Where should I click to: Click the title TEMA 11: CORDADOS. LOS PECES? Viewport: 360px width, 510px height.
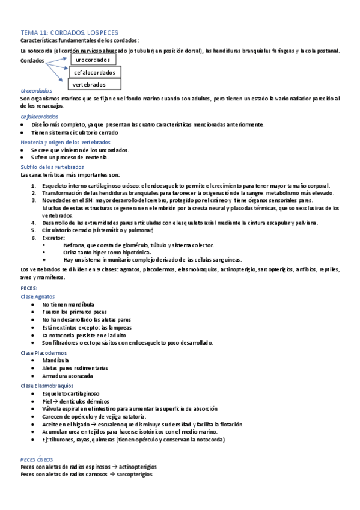pos(70,32)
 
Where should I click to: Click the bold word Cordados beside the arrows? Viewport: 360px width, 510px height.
pos(32,61)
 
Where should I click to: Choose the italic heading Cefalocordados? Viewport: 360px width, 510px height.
pos(39,117)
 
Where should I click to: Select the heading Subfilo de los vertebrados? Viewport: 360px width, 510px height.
pos(52,167)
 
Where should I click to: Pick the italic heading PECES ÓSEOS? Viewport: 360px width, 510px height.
pos(38,459)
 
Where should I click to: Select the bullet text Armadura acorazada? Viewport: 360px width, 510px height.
pos(67,376)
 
